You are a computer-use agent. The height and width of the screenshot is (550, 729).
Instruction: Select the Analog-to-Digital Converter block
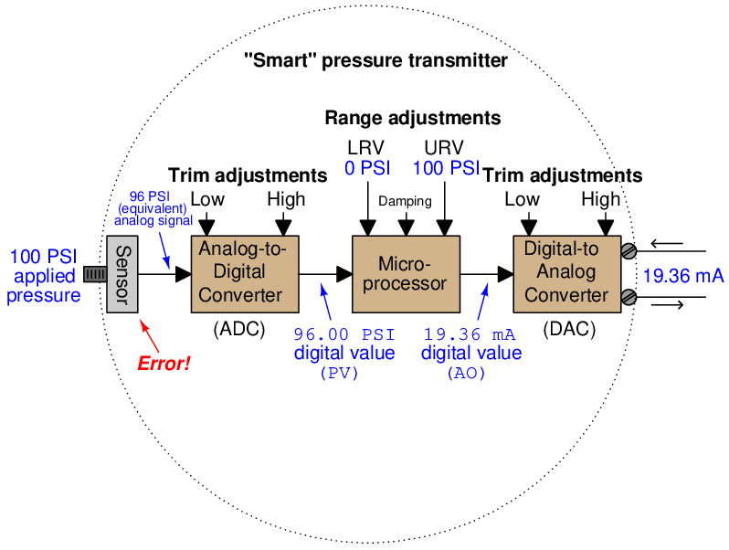245,272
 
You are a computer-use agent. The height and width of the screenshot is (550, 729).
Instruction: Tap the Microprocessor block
406,272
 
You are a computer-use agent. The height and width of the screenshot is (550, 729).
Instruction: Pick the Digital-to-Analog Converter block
565,272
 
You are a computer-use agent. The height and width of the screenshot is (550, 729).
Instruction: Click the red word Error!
164,364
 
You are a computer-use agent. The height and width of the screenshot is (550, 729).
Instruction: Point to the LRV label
365,148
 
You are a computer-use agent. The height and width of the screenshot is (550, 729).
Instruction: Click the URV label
444,148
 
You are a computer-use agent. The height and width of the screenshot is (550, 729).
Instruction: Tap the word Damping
405,201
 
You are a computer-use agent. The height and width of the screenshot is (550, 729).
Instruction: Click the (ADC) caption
238,330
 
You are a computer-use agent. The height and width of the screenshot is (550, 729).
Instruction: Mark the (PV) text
340,373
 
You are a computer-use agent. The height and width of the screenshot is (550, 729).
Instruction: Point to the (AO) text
467,373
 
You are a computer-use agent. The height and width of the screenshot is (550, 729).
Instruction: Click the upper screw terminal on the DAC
629,250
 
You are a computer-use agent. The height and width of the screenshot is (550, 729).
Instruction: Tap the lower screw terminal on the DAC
629,295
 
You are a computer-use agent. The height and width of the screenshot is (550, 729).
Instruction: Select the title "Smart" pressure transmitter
376,62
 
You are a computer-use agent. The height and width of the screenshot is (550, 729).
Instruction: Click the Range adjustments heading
413,119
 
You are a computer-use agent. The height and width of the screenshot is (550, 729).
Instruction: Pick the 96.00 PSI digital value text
344,334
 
